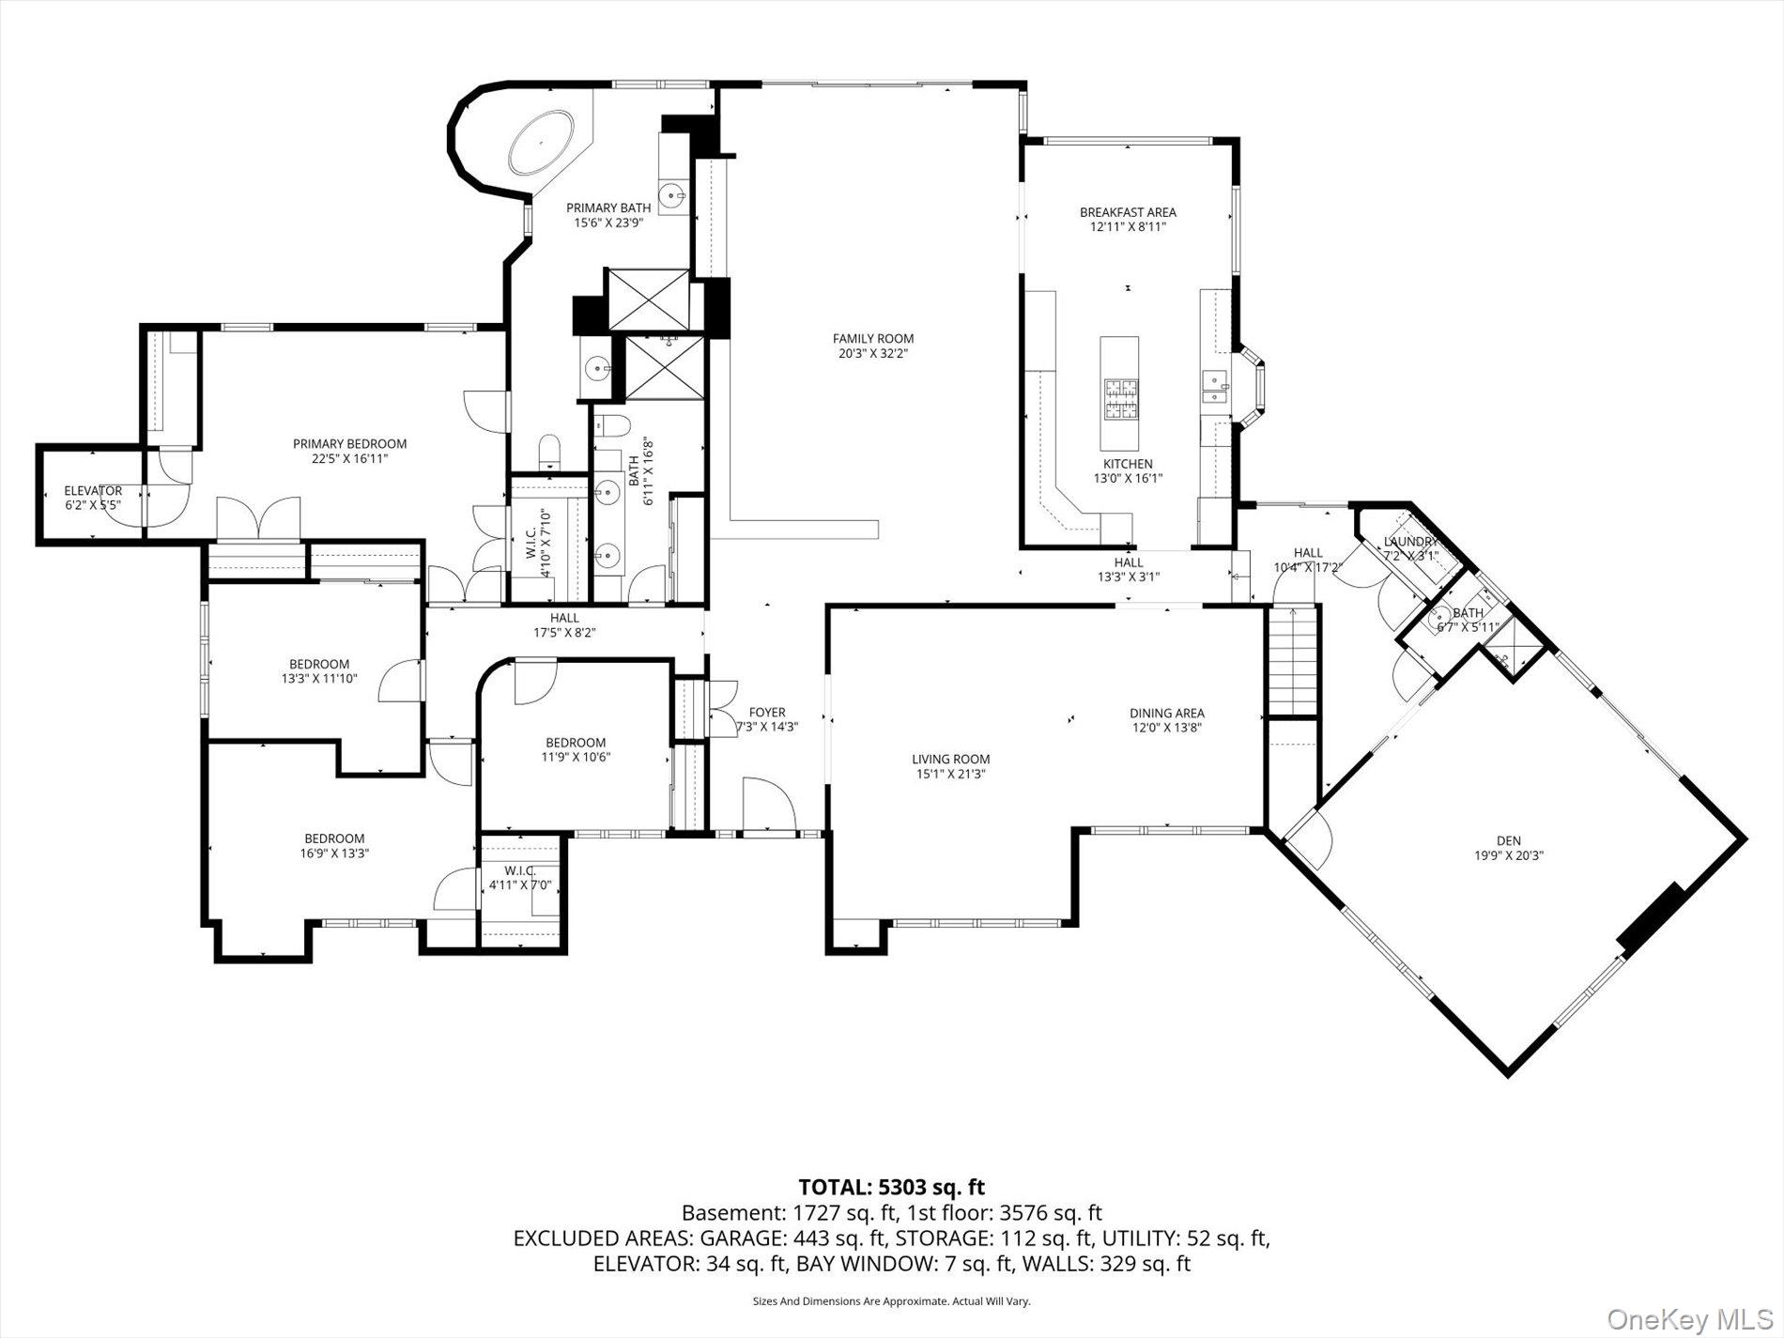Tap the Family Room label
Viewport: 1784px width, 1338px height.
click(x=873, y=339)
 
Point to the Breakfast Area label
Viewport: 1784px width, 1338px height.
click(x=1128, y=212)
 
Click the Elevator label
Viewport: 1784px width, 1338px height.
click(x=93, y=491)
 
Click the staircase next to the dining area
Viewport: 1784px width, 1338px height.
click(x=1293, y=661)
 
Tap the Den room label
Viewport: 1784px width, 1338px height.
click(x=1509, y=841)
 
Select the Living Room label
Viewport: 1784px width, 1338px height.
click(x=951, y=760)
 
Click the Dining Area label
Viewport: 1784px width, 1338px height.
click(x=1167, y=714)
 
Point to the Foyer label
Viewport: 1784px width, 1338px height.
click(x=767, y=713)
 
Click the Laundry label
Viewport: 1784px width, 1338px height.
click(x=1410, y=542)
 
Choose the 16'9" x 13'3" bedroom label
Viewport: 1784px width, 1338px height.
click(x=334, y=846)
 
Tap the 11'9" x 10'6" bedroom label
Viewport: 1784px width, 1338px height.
click(x=576, y=749)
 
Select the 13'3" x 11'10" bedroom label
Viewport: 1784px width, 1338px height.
click(x=319, y=670)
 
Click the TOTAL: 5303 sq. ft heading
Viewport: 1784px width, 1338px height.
click(x=891, y=1188)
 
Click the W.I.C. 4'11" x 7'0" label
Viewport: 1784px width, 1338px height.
click(x=519, y=878)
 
